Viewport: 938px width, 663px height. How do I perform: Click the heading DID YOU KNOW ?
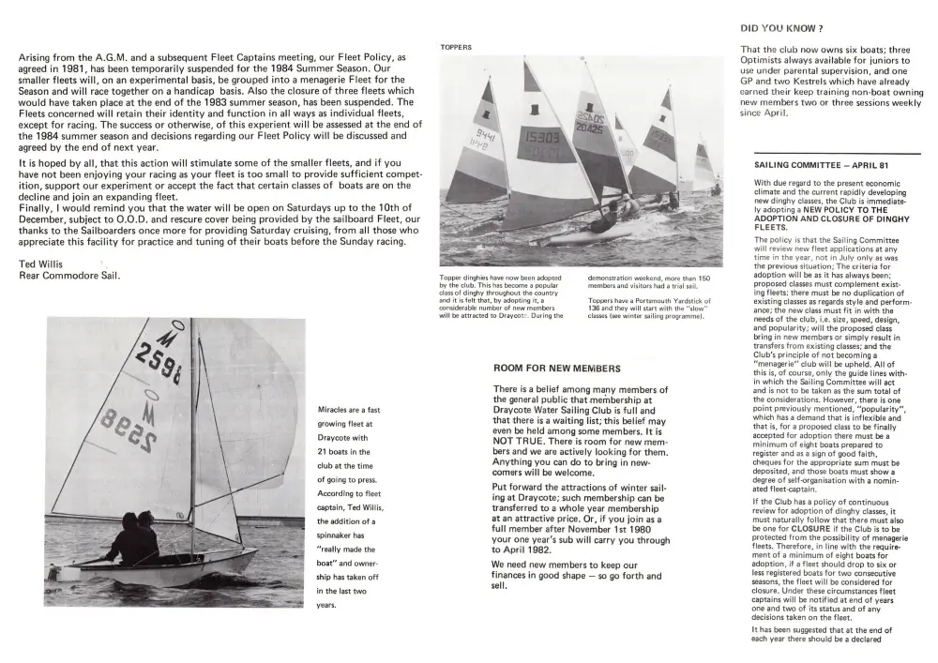[x=781, y=29]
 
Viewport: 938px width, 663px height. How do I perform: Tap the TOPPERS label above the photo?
[x=456, y=47]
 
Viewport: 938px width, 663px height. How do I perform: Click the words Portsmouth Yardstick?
[x=661, y=301]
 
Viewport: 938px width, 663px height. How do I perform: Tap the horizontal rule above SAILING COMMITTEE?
[x=837, y=152]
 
